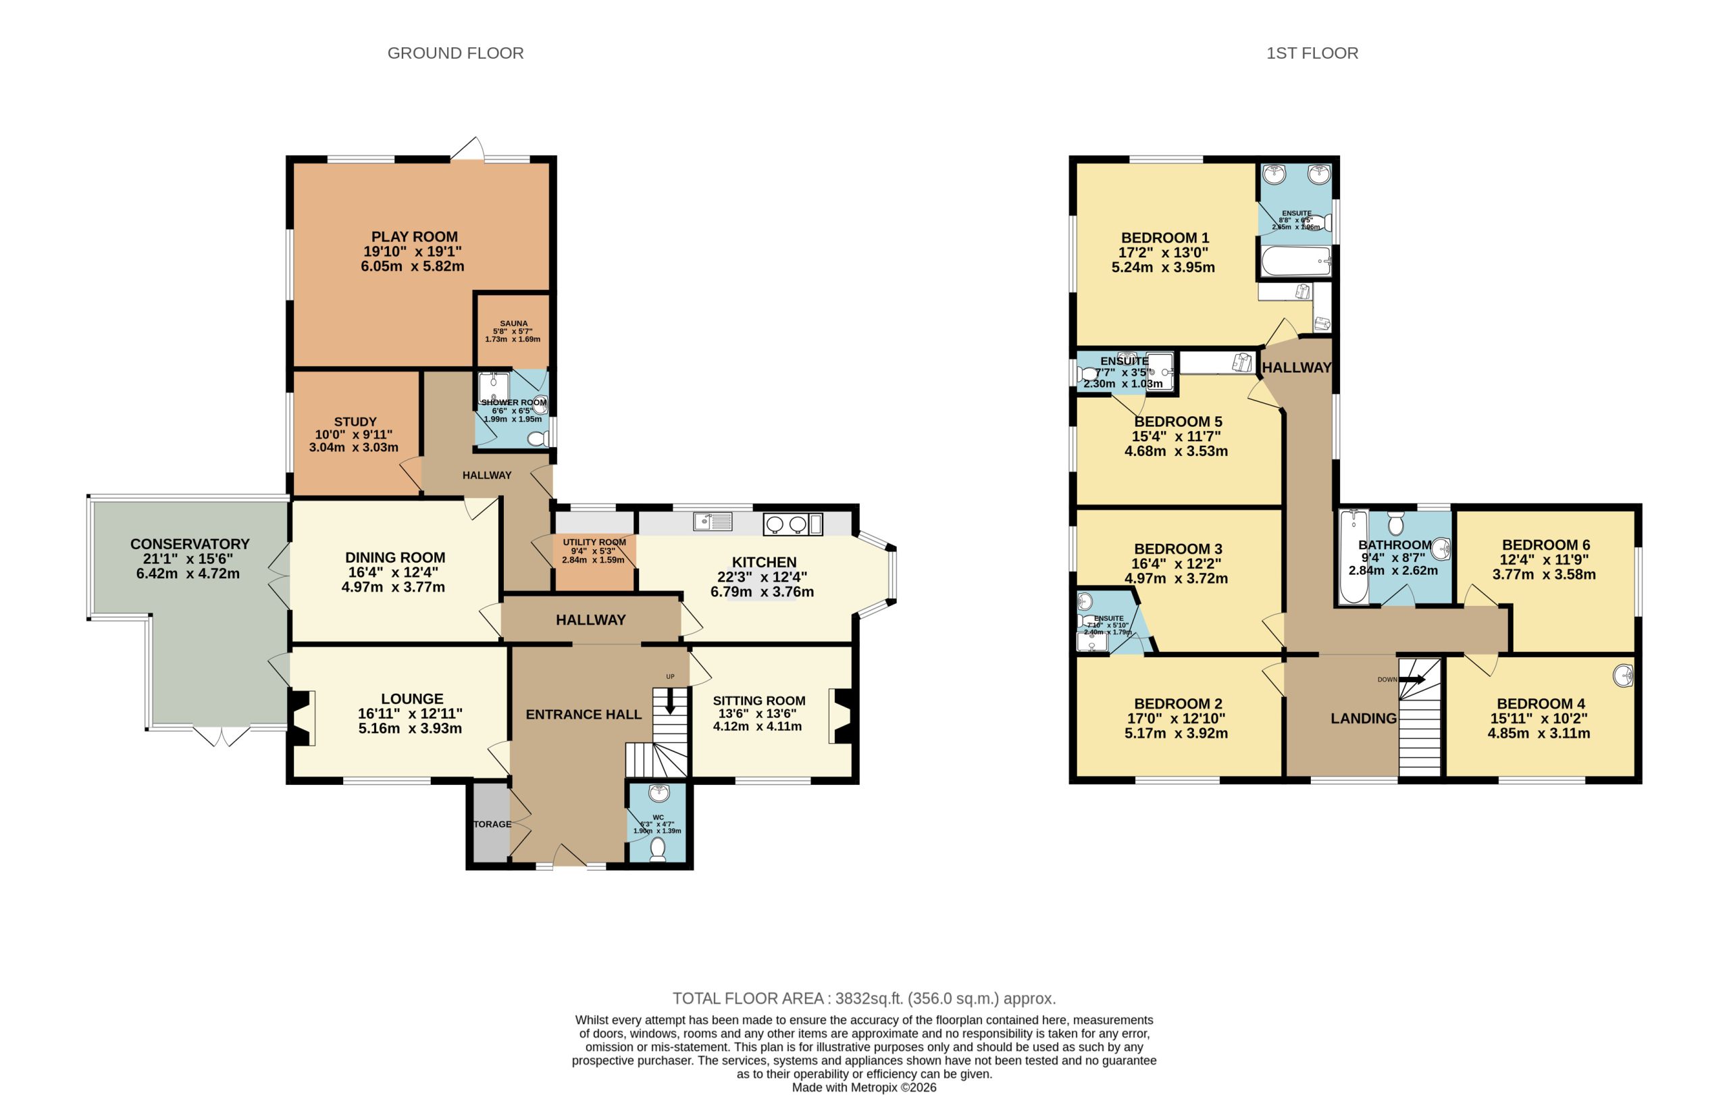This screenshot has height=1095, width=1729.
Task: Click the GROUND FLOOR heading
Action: tap(455, 53)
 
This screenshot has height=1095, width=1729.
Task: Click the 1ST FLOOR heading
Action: tap(1312, 53)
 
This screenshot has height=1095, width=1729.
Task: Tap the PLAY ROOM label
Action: tap(414, 236)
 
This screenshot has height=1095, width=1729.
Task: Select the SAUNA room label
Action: tap(513, 324)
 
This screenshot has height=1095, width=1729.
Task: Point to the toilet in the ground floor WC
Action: tap(657, 848)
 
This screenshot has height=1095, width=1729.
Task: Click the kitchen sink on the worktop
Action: tap(713, 521)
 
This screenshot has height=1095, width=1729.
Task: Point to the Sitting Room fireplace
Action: tap(842, 716)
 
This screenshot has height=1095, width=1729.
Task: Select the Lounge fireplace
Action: tap(303, 717)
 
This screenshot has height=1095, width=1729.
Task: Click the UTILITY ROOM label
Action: tap(594, 542)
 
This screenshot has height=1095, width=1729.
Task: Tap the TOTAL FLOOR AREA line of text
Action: tap(864, 998)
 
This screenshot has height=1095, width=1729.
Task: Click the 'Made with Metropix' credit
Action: tap(864, 1087)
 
